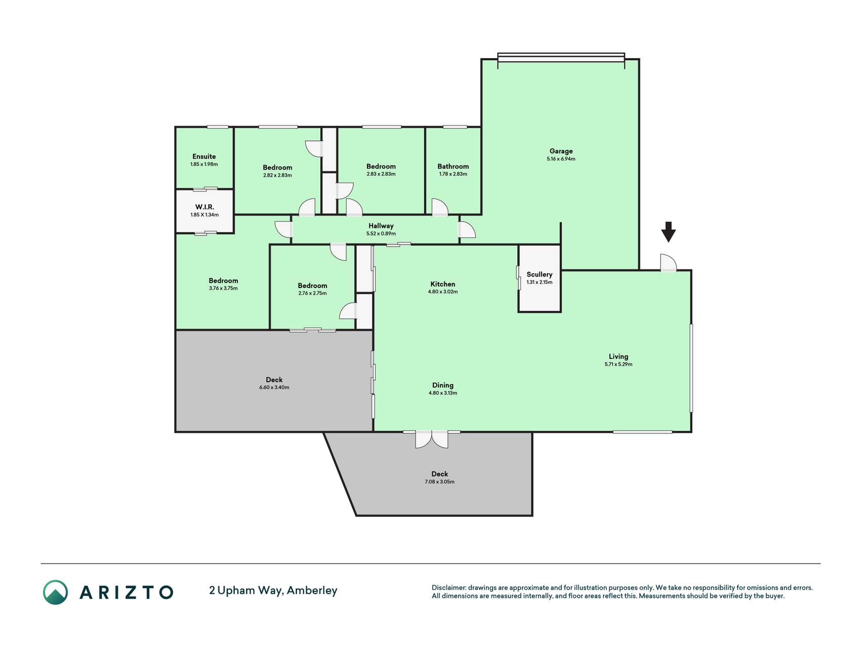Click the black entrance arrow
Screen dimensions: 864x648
pyautogui.click(x=668, y=232)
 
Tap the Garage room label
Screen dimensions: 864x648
pyautogui.click(x=561, y=151)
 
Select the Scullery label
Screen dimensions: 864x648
pyautogui.click(x=540, y=274)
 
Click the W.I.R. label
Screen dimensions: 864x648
pyautogui.click(x=204, y=207)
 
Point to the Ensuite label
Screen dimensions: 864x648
pyautogui.click(x=204, y=156)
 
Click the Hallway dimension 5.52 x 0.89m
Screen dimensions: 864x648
pyautogui.click(x=381, y=234)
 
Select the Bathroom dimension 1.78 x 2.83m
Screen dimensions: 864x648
pyautogui.click(x=453, y=174)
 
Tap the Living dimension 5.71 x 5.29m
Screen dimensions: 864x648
pyautogui.click(x=619, y=364)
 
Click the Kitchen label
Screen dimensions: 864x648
pyautogui.click(x=443, y=284)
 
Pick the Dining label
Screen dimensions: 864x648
pyautogui.click(x=443, y=385)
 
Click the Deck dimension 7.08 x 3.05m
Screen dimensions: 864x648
pyautogui.click(x=439, y=482)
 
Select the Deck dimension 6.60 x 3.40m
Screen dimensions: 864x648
pyautogui.click(x=274, y=388)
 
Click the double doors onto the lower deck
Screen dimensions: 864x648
pyautogui.click(x=432, y=439)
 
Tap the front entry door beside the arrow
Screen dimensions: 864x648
pyautogui.click(x=669, y=263)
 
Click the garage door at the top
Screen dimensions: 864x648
pyautogui.click(x=561, y=57)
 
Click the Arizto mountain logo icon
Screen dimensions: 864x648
pyautogui.click(x=55, y=592)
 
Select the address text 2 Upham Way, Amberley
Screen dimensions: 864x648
pyautogui.click(x=273, y=591)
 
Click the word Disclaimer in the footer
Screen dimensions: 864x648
pyautogui.click(x=448, y=588)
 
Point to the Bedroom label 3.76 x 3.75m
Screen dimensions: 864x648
pyautogui.click(x=223, y=280)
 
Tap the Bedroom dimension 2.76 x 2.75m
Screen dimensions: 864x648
pyautogui.click(x=312, y=294)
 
